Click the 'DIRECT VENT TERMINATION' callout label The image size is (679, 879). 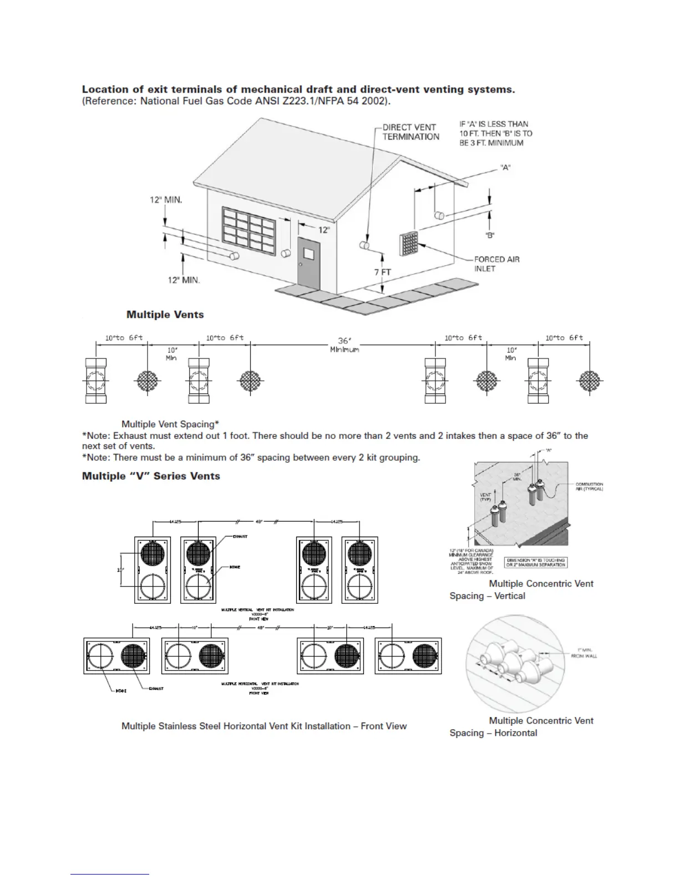click(x=411, y=132)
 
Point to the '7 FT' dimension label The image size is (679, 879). click(x=382, y=272)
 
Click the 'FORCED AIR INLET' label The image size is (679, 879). click(x=496, y=264)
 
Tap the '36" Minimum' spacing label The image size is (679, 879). click(x=344, y=345)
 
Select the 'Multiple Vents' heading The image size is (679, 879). click(x=165, y=315)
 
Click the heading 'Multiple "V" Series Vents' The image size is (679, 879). click(x=151, y=476)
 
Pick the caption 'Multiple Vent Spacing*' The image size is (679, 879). click(x=170, y=425)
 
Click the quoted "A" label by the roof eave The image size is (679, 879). click(x=505, y=167)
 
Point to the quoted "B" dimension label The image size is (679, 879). click(x=490, y=235)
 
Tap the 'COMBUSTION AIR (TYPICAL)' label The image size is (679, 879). click(x=589, y=487)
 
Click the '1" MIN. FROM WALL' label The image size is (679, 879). click(x=584, y=653)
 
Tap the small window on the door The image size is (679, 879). click(x=309, y=254)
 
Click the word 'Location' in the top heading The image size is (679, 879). click(x=105, y=89)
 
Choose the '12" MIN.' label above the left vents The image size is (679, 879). click(x=165, y=199)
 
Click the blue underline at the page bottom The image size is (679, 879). click(x=110, y=874)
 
